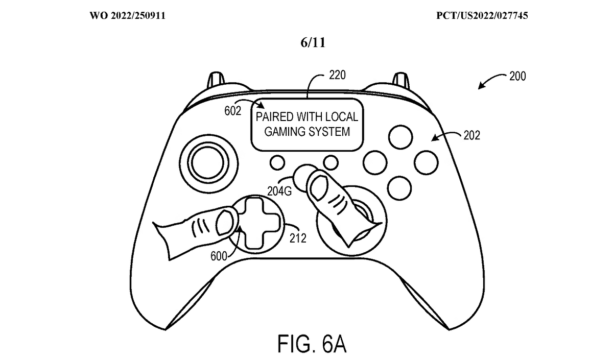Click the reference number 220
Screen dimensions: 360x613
338,75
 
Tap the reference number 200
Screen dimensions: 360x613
517,77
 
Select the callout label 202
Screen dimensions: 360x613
471,137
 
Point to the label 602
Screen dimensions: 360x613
232,111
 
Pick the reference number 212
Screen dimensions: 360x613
297,237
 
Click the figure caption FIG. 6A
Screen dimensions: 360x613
312,344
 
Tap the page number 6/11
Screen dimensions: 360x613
313,42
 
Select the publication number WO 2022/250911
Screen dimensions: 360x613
128,16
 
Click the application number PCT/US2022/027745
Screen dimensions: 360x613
482,16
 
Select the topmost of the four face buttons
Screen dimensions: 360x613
401,136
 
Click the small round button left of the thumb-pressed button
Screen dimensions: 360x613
277,162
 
